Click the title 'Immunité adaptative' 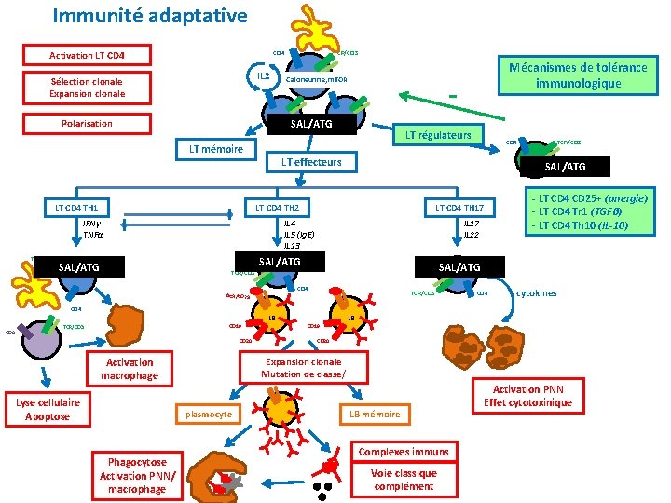150,16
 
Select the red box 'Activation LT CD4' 87,55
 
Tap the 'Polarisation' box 87,123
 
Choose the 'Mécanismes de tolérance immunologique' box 577,75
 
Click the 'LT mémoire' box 215,149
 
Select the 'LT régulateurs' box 435,135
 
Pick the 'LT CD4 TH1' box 77,206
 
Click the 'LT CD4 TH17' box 459,206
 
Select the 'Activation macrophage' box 130,369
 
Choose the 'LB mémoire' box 375,414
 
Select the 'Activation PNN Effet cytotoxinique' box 528,396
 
